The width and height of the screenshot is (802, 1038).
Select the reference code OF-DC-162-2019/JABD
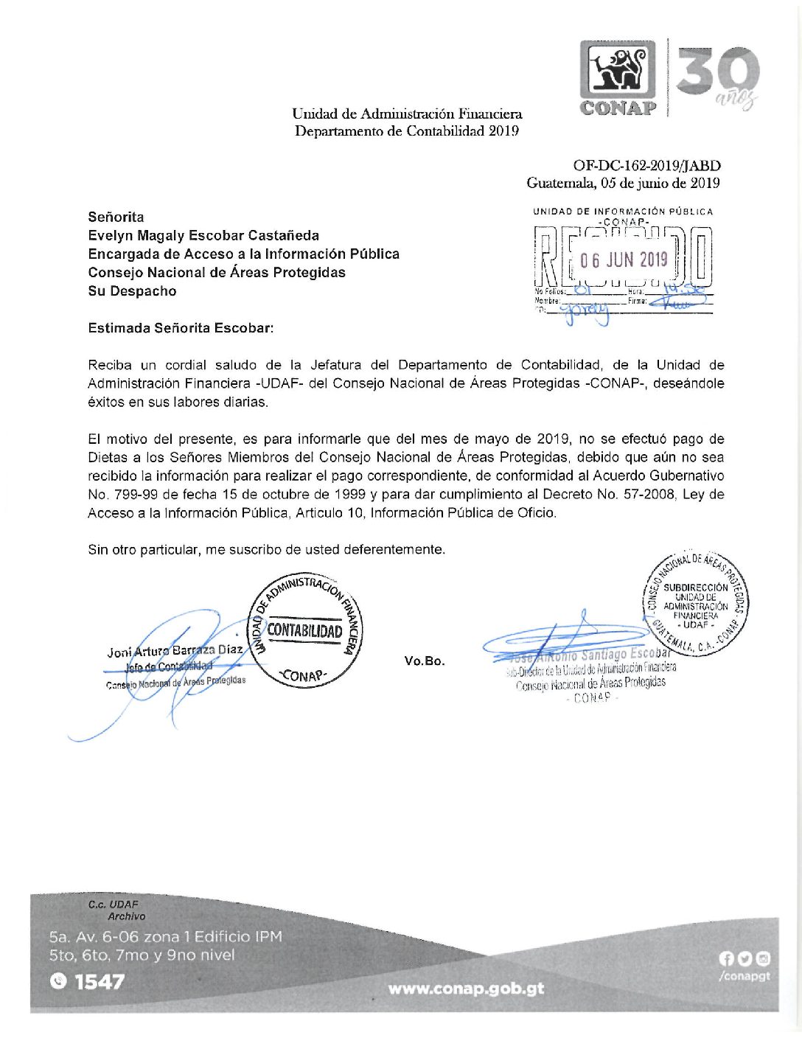click(646, 166)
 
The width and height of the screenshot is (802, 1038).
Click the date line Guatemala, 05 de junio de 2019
click(623, 183)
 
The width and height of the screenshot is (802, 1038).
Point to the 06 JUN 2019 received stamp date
click(624, 259)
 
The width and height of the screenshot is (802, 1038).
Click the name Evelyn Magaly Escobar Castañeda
click(203, 236)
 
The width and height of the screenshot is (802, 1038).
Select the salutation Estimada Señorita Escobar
click(181, 328)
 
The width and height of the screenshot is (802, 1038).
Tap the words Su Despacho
click(132, 291)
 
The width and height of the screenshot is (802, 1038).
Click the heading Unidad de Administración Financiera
click(407, 114)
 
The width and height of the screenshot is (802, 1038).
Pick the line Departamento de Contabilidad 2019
click(407, 131)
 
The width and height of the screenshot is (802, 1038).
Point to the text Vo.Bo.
click(425, 661)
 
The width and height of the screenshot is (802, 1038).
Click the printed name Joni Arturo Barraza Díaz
click(175, 651)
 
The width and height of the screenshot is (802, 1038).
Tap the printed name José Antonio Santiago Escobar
click(587, 655)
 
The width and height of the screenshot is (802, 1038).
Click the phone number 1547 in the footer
click(100, 982)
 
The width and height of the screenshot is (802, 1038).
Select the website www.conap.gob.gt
click(466, 989)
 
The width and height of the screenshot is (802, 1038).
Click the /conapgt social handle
click(744, 976)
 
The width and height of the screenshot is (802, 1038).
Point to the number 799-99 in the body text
click(134, 494)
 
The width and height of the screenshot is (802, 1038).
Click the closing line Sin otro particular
click(266, 549)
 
